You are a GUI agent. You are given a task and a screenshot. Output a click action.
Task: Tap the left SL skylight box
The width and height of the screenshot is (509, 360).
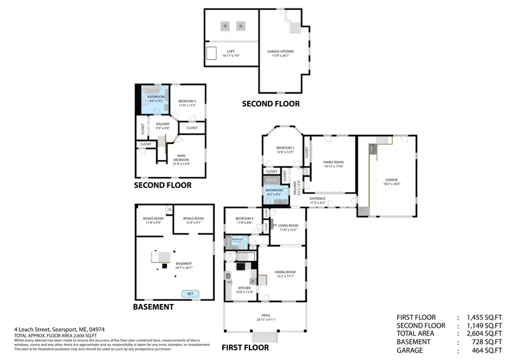point(225,26)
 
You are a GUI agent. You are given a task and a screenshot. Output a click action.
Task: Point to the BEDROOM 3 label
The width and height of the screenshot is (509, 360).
point(187,103)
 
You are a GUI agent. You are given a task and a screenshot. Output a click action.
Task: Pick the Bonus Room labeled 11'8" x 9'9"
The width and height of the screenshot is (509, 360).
point(153,220)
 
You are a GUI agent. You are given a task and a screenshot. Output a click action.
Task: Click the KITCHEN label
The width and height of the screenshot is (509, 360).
point(244,289)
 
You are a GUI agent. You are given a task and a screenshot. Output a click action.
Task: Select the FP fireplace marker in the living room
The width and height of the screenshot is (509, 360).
point(274,226)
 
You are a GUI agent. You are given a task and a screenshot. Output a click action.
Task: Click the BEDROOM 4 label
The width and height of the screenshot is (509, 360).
point(244,220)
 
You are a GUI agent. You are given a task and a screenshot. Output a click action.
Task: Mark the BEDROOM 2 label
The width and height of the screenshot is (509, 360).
point(285,149)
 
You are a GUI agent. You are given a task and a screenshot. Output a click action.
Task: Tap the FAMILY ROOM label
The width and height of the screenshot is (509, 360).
point(333,164)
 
